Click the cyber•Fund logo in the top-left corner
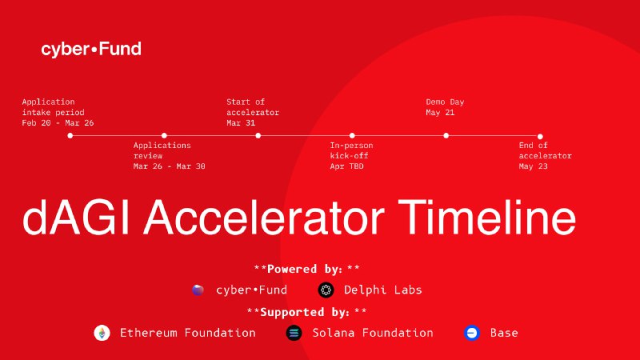pyautogui.click(x=91, y=50)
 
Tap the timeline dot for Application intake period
pyautogui.click(x=70, y=135)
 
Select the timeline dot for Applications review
pyautogui.click(x=164, y=135)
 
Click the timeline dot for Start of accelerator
pyautogui.click(x=258, y=135)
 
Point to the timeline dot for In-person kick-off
pyautogui.click(x=352, y=135)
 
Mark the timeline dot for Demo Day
pyautogui.click(x=446, y=135)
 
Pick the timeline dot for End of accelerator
pyautogui.click(x=540, y=136)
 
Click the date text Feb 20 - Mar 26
pyautogui.click(x=58, y=123)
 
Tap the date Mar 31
pyautogui.click(x=241, y=123)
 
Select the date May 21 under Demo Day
pyautogui.click(x=440, y=112)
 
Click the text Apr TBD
pyautogui.click(x=346, y=166)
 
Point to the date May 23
pyautogui.click(x=533, y=166)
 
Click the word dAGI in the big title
pyautogui.click(x=76, y=217)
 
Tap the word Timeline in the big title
pyautogui.click(x=487, y=217)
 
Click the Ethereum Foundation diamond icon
pyautogui.click(x=102, y=333)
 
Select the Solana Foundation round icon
pyautogui.click(x=294, y=333)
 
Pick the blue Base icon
pyautogui.click(x=472, y=333)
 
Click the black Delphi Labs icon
pyautogui.click(x=326, y=290)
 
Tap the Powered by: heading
pyautogui.click(x=307, y=269)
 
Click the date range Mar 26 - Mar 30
pyautogui.click(x=170, y=166)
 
